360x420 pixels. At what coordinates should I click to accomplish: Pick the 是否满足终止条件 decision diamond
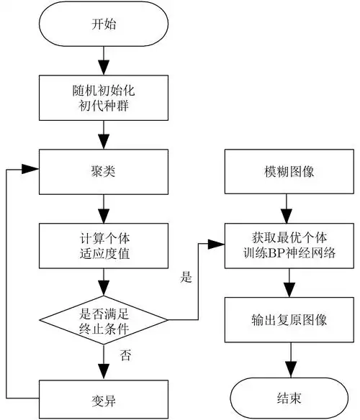(x=105, y=321)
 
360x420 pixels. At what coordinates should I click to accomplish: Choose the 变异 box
(x=105, y=396)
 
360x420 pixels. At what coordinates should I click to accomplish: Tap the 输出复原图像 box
(x=289, y=321)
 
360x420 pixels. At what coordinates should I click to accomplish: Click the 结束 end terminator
(x=289, y=396)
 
